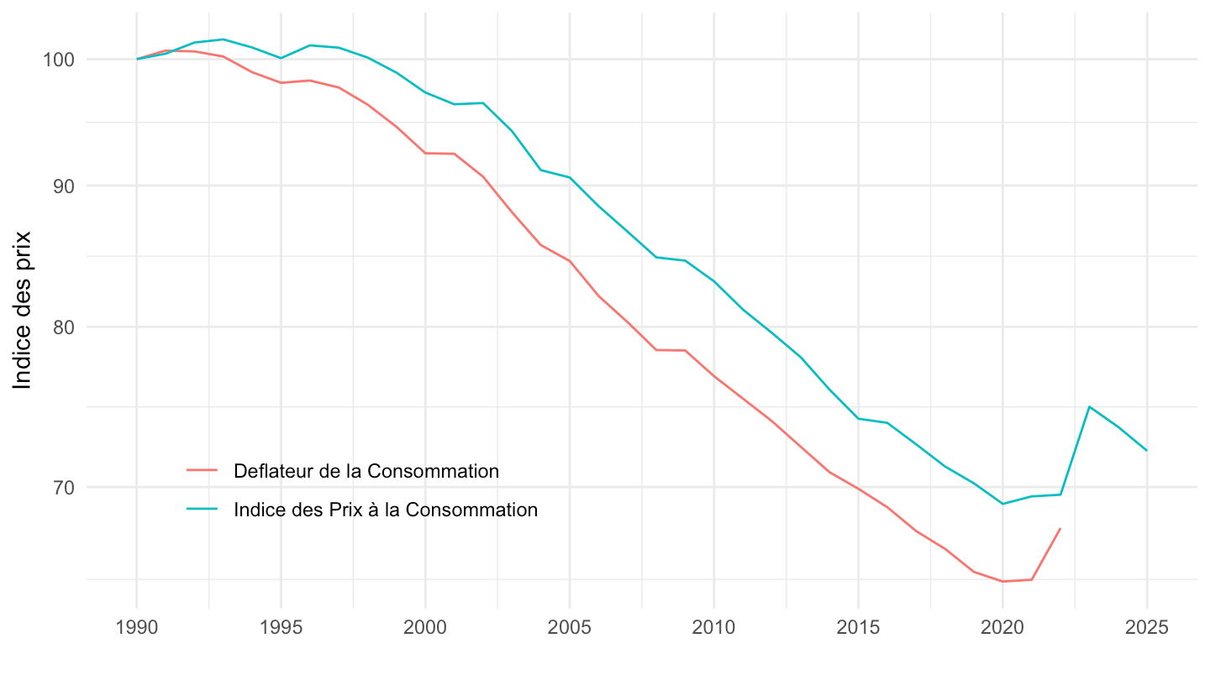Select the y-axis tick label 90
[x=65, y=186]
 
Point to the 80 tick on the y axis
[x=65, y=327]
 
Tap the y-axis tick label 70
[x=65, y=487]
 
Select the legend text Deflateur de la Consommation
[x=366, y=471]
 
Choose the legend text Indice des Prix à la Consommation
[x=386, y=510]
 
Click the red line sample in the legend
[x=202, y=471]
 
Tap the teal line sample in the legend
[x=202, y=510]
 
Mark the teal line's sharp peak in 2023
[x=1089, y=407]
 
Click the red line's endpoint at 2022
[x=1060, y=529]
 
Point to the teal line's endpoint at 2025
[x=1147, y=451]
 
